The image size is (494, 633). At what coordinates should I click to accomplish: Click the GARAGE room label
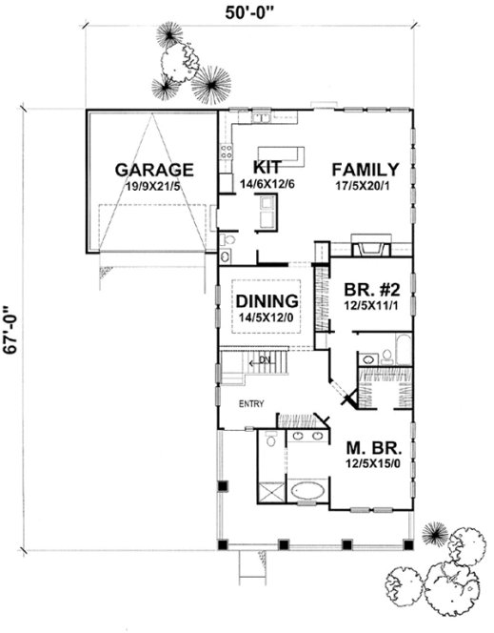pyautogui.click(x=154, y=170)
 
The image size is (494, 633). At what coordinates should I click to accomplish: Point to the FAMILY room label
pyautogui.click(x=365, y=169)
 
